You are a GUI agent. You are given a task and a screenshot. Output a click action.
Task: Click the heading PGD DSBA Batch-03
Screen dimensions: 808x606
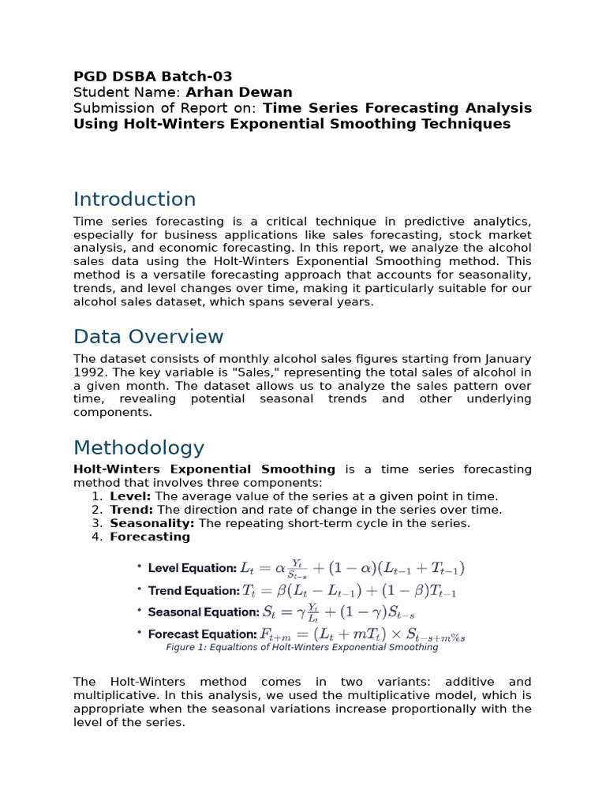[152, 77]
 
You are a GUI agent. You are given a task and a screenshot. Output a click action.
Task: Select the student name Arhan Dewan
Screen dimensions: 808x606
[238, 92]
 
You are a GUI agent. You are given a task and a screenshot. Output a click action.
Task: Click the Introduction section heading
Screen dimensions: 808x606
[134, 199]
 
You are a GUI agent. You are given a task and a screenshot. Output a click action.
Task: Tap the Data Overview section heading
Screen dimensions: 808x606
[148, 337]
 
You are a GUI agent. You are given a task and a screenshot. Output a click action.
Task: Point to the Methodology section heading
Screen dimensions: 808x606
[139, 447]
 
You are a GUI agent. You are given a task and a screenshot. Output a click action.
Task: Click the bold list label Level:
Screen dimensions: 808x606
[131, 496]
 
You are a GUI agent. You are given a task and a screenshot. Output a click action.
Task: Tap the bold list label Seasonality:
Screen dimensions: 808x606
[152, 523]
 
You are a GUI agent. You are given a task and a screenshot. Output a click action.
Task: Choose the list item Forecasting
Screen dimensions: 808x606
[150, 537]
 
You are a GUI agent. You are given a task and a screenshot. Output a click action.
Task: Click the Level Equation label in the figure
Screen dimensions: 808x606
[192, 568]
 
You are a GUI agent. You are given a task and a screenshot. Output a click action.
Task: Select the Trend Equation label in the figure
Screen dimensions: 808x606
[193, 590]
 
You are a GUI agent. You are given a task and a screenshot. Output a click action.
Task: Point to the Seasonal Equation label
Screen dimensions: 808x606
[203, 612]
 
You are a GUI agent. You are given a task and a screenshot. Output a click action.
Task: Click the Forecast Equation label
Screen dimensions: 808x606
[202, 634]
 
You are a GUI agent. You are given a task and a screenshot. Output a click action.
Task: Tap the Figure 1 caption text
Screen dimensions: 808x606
[301, 647]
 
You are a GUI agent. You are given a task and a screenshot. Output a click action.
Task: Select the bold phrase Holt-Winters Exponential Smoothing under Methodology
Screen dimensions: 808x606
[204, 469]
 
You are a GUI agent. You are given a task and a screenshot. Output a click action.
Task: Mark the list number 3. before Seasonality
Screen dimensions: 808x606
[97, 523]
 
